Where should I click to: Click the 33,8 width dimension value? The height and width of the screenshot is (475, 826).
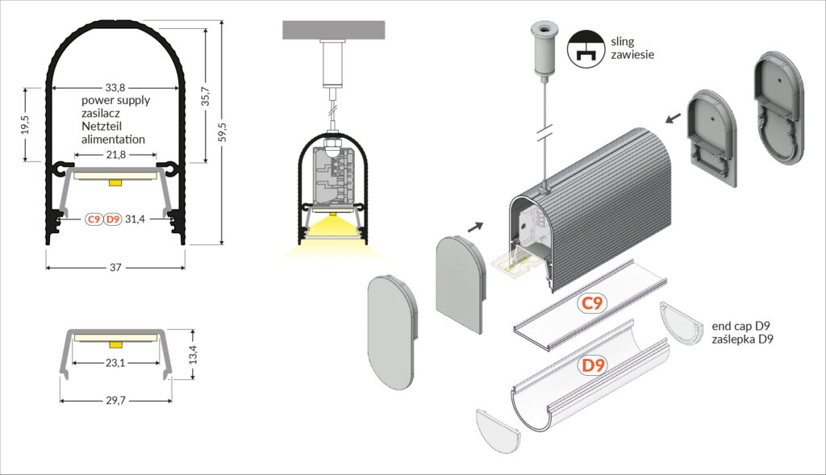point(115,87)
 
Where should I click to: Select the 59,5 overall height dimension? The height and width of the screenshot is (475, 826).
point(223,131)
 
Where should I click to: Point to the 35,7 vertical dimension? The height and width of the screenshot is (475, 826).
point(206,96)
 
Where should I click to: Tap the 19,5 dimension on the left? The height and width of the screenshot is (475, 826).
point(25,125)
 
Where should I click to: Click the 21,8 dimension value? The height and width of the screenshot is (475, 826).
point(115,155)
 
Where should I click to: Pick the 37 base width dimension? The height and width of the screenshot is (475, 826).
point(115,268)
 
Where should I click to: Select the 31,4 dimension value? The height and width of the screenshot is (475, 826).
point(135,219)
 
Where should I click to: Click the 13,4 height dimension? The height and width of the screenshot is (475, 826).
point(193,355)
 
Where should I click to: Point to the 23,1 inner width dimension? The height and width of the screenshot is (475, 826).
point(115,363)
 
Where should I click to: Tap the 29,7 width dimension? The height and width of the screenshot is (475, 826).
point(115,401)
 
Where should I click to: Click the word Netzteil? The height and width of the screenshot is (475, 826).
point(102,127)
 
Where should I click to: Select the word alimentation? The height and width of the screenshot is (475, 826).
point(113,140)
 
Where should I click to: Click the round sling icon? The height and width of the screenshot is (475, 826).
point(586,48)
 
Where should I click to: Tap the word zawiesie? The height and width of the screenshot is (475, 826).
point(632,54)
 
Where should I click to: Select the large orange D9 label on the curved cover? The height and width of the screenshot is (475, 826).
point(593,365)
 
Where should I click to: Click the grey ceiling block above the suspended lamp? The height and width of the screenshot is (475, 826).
point(334,30)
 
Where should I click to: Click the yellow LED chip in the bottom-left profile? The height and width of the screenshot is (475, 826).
point(115,344)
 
